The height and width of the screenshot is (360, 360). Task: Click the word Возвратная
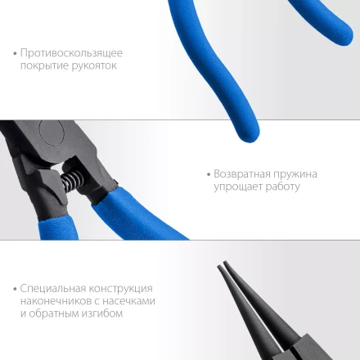240,174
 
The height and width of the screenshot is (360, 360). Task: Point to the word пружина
294,174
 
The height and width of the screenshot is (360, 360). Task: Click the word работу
281,187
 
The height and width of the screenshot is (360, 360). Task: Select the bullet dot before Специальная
16,289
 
